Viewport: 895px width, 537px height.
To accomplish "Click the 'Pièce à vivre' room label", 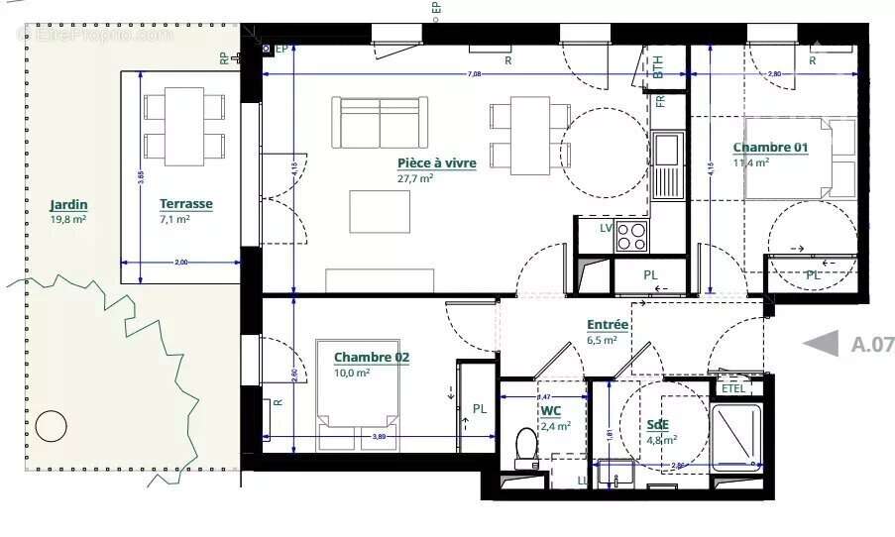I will tap(436, 162).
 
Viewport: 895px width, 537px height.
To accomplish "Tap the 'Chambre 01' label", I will tap(770, 148).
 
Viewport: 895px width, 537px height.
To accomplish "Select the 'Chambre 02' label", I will tap(372, 357).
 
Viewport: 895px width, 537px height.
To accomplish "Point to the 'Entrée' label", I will tap(607, 324).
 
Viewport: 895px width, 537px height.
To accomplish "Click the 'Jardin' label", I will tap(68, 205).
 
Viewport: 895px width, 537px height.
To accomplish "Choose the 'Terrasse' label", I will tap(185, 204).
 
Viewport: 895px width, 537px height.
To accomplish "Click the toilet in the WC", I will tap(525, 447).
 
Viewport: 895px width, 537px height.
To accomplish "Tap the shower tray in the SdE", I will tap(736, 437).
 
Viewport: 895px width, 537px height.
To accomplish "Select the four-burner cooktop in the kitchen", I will tap(631, 236).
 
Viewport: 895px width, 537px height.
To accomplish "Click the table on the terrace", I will tap(184, 126).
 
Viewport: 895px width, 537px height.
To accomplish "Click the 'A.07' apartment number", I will tap(872, 345).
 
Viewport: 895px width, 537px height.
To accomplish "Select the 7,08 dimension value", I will tap(475, 74).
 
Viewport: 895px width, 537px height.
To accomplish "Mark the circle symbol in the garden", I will tap(51, 427).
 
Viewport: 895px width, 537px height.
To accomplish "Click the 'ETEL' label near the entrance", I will tap(733, 388).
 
